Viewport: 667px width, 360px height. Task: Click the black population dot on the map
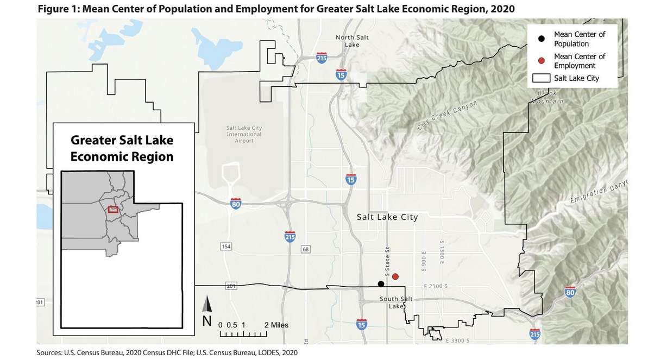pyautogui.click(x=381, y=284)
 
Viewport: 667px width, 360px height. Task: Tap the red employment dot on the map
pyautogui.click(x=395, y=276)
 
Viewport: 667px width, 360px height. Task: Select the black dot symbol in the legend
pyautogui.click(x=542, y=39)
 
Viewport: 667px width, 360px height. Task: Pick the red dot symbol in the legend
pyautogui.click(x=542, y=61)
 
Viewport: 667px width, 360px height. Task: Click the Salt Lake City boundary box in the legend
pyautogui.click(x=541, y=78)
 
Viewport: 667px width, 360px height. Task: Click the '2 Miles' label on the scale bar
pyautogui.click(x=276, y=325)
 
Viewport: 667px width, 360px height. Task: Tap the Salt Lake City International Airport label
pyautogui.click(x=244, y=134)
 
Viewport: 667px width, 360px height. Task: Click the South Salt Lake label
pyautogui.click(x=396, y=302)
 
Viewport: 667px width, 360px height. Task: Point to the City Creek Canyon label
pyautogui.click(x=447, y=115)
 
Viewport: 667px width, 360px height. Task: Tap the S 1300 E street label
pyautogui.click(x=443, y=252)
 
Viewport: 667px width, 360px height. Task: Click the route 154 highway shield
pyautogui.click(x=226, y=247)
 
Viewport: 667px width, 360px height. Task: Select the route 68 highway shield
pyautogui.click(x=306, y=249)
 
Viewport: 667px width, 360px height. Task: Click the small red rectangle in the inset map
pyautogui.click(x=113, y=209)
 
